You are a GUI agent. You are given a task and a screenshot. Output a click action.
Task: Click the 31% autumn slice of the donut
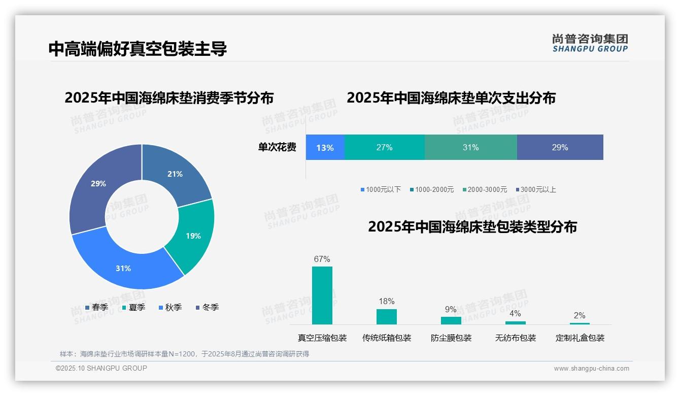(x=123, y=268)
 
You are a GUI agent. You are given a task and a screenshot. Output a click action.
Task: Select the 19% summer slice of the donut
(x=193, y=236)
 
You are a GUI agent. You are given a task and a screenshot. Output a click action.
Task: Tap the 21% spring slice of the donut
(x=175, y=174)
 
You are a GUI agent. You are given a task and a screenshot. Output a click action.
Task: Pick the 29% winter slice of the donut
(x=98, y=184)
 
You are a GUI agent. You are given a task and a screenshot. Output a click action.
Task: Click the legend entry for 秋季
(x=170, y=308)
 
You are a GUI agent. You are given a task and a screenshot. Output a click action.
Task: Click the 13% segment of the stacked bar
(x=325, y=148)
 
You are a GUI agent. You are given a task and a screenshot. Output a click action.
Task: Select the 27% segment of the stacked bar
(x=384, y=148)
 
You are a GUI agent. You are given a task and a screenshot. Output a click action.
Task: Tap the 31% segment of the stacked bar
(x=470, y=148)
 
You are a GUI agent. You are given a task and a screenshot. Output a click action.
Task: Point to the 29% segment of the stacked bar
(x=560, y=148)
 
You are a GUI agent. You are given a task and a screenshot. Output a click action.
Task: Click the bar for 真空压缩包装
(x=322, y=295)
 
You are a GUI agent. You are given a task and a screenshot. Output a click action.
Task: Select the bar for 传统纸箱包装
(x=386, y=317)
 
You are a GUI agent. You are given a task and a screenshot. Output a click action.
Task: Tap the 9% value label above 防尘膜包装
(x=451, y=310)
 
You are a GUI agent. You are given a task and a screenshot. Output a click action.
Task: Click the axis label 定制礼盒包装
(x=580, y=338)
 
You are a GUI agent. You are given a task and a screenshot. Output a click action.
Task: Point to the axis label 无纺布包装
(x=516, y=338)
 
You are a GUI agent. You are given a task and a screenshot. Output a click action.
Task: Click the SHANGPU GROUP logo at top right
(x=590, y=43)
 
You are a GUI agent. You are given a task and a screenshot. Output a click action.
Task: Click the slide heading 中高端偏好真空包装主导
(x=138, y=49)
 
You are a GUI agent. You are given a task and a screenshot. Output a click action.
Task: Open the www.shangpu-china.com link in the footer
(x=591, y=369)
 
